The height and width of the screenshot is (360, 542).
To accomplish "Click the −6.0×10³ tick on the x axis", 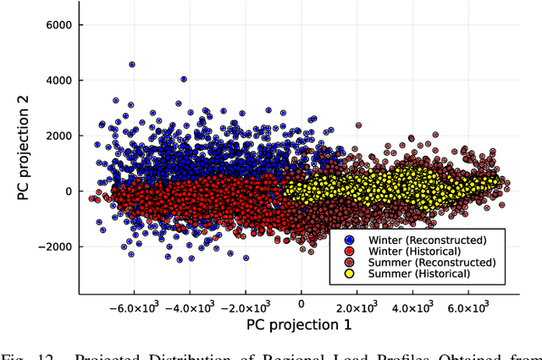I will pyautogui.click(x=132, y=307).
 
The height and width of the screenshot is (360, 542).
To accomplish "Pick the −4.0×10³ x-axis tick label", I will pyautogui.click(x=188, y=307).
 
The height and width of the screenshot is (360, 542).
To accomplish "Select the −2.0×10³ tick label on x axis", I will pyautogui.click(x=244, y=307).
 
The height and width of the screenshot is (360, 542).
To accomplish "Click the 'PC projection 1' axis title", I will pyautogui.click(x=298, y=324).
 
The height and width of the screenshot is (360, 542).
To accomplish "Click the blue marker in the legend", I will pyautogui.click(x=348, y=241).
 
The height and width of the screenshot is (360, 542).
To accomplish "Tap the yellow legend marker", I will pyautogui.click(x=348, y=274).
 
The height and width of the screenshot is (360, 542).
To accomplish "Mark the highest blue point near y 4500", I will pyautogui.click(x=132, y=64).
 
